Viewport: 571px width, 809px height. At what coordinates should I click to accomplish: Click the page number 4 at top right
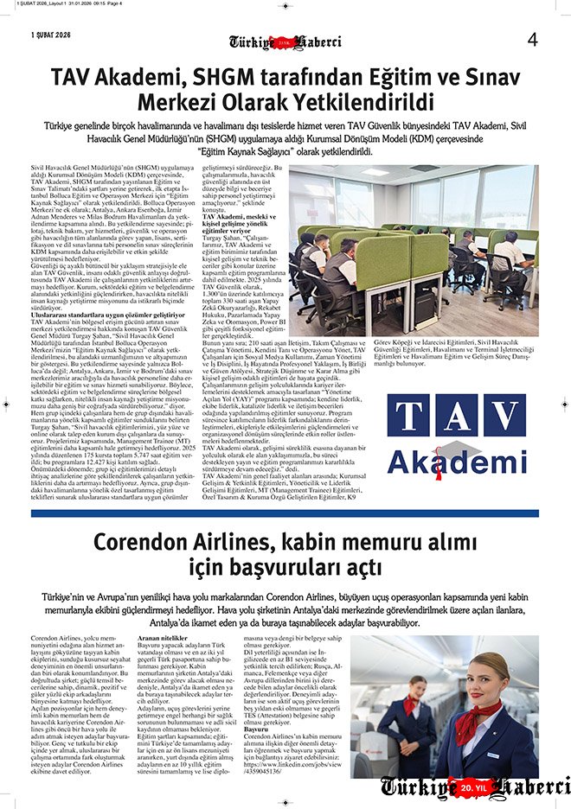[533, 39]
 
